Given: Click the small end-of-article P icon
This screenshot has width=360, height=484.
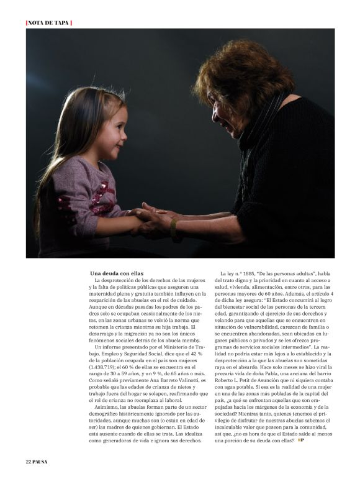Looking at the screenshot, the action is point(301,439).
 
